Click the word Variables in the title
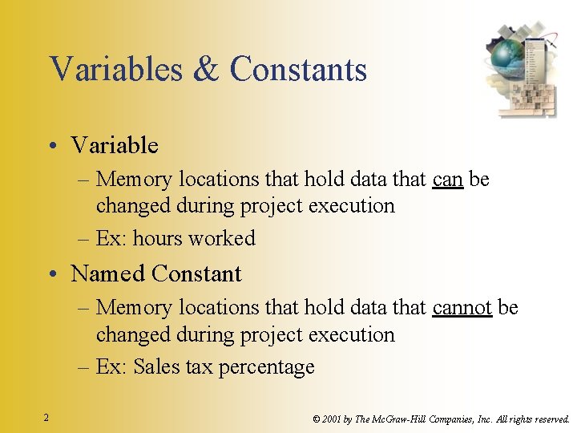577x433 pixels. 115,69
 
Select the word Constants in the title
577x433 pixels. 298,69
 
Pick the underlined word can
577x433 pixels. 447,180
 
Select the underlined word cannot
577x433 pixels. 462,308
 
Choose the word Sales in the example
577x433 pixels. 156,367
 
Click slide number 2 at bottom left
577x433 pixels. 46,418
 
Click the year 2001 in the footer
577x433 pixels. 333,419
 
